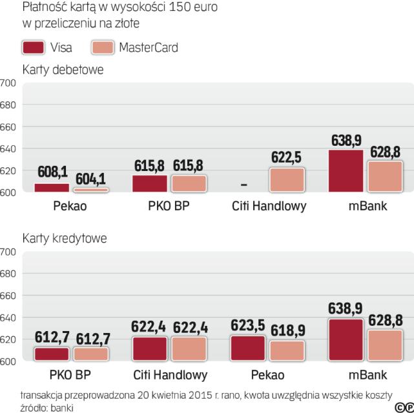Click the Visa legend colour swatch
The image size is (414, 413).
pos(33,48)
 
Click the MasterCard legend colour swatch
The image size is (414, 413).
pos(103,48)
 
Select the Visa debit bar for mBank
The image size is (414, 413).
pos(346,171)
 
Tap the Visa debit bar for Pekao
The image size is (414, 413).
pos(52,188)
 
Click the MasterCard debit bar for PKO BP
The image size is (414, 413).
pos(189,183)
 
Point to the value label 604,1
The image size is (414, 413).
pos(91,178)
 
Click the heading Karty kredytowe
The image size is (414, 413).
pos(64,237)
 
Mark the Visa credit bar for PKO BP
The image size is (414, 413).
pos(52,354)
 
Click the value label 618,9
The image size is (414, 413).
pos(287,331)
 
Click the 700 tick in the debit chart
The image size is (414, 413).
pos(8,83)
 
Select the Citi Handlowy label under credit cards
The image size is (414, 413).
pos(171,374)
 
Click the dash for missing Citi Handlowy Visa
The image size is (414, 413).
pos(243,185)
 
